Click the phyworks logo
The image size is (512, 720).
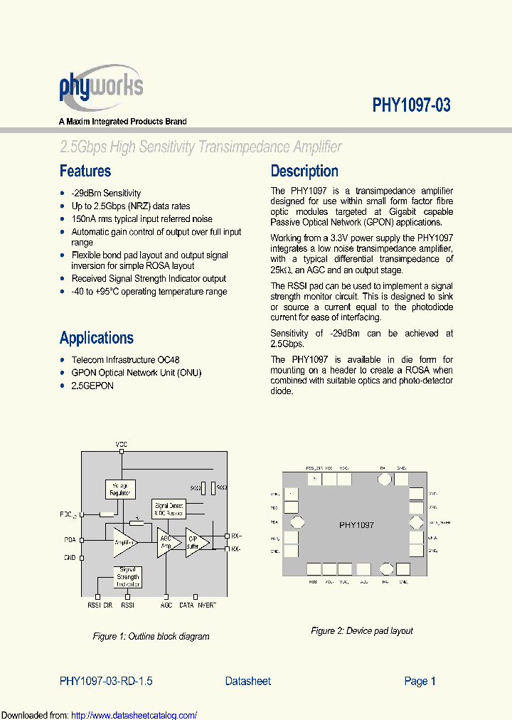click(x=100, y=88)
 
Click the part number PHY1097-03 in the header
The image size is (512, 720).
click(x=411, y=105)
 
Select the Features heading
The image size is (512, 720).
click(x=85, y=171)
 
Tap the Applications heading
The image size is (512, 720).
click(x=96, y=338)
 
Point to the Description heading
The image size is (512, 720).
click(x=304, y=171)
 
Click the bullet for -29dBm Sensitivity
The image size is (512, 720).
click(x=63, y=194)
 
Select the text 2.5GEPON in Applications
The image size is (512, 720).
click(x=92, y=386)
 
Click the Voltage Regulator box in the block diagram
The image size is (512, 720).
click(x=120, y=489)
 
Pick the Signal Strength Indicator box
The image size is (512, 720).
click(x=128, y=577)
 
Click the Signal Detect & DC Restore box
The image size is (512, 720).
click(x=168, y=509)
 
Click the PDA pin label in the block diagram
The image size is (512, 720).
click(x=70, y=539)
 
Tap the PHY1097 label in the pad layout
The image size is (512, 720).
click(x=356, y=525)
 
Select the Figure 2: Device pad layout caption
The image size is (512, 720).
click(x=361, y=631)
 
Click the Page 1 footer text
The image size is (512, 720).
click(x=420, y=681)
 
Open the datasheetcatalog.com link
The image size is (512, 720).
click(x=134, y=715)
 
